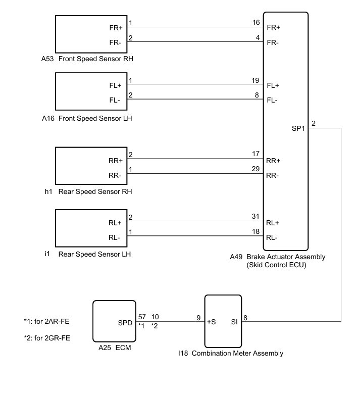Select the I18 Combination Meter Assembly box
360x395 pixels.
point(223,320)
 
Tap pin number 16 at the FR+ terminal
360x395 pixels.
point(255,23)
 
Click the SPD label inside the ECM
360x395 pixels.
point(125,321)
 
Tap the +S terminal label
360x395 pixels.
point(212,321)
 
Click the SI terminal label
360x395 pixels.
point(234,321)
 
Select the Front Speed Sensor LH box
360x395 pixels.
point(87,92)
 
